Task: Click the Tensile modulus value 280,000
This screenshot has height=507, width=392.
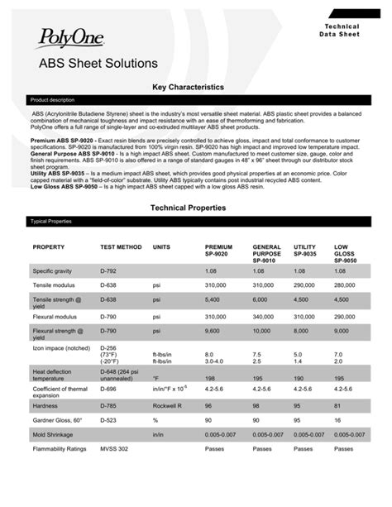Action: pyautogui.click(x=346, y=285)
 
